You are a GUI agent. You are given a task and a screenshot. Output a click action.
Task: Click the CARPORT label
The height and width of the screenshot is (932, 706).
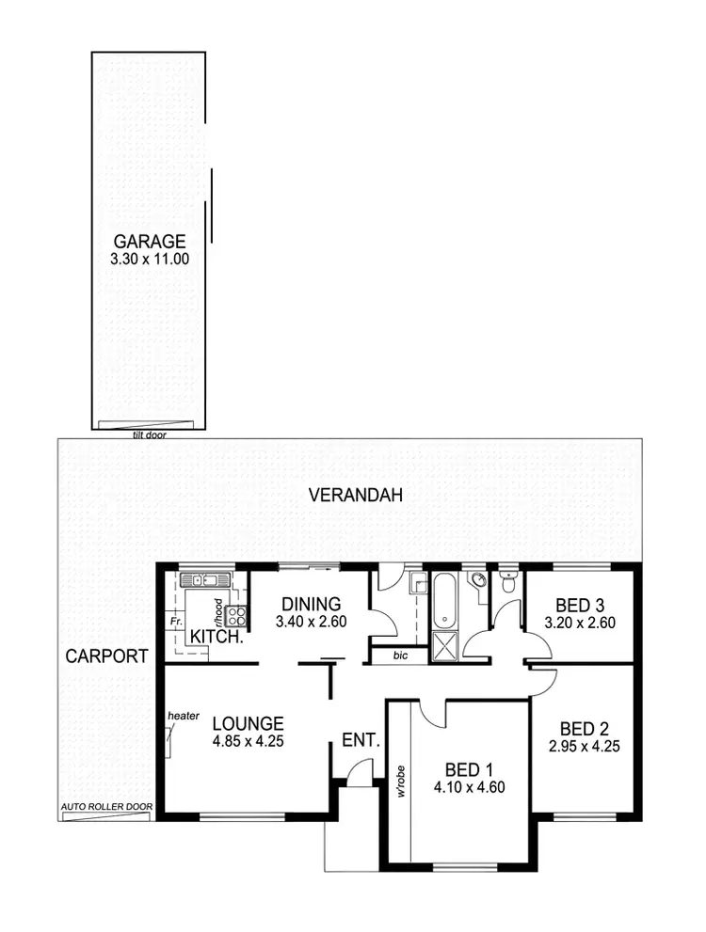click(x=106, y=656)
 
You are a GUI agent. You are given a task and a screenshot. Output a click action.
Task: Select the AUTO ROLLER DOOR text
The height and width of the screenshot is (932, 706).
click(x=104, y=807)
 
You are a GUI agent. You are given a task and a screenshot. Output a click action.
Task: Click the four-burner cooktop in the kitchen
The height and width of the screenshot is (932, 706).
click(x=236, y=616)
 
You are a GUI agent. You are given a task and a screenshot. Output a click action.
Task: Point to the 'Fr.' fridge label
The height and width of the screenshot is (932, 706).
click(x=175, y=622)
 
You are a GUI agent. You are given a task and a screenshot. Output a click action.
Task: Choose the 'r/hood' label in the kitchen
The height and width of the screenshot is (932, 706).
click(x=217, y=612)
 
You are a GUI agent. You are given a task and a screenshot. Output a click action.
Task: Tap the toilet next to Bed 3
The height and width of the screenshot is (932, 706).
click(x=507, y=584)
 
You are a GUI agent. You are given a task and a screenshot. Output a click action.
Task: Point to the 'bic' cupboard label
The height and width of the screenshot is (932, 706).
click(x=400, y=656)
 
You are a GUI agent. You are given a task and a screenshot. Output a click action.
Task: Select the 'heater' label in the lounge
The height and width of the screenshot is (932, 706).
click(x=184, y=716)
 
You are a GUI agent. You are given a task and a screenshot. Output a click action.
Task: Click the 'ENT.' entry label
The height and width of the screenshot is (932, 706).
click(x=361, y=741)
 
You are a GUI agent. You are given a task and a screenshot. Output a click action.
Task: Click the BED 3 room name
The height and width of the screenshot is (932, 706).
click(x=580, y=605)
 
